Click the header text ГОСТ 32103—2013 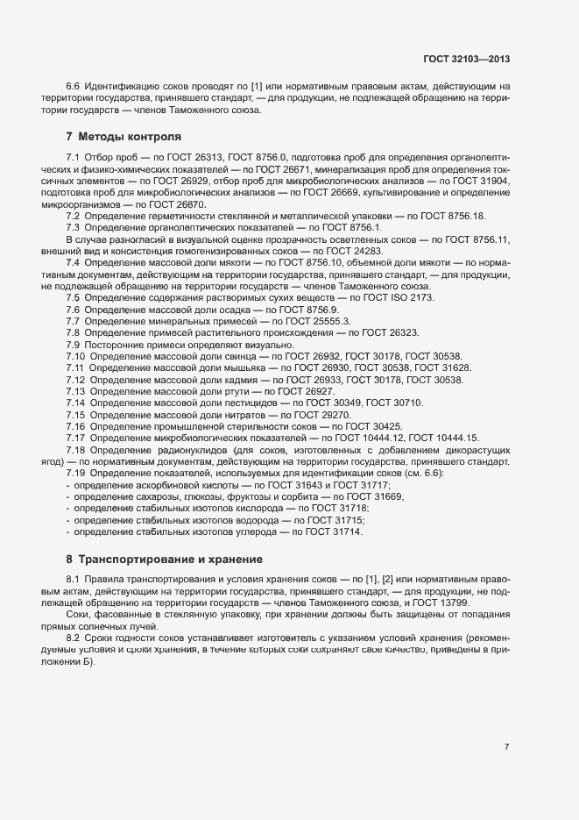464,59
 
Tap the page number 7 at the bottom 506,747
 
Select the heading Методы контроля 129,137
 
